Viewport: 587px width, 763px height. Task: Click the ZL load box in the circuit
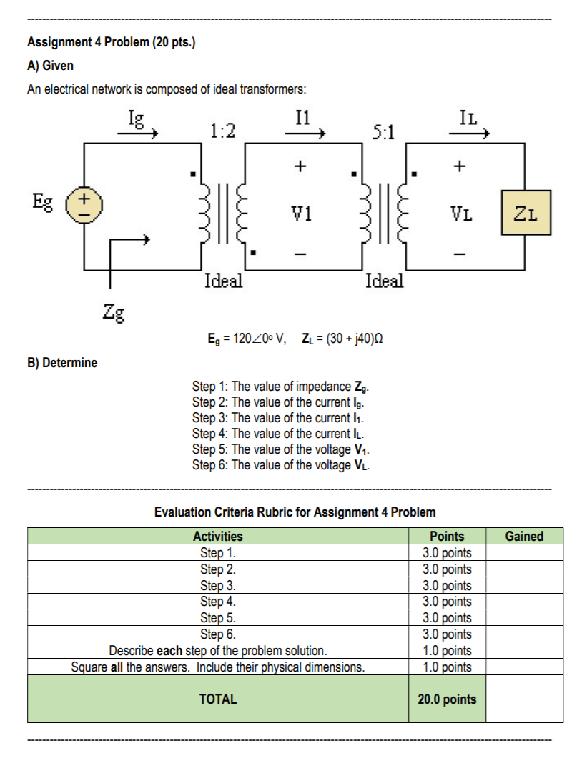click(x=526, y=213)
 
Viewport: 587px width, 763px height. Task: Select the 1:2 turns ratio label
click(x=223, y=130)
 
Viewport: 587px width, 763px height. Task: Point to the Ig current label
click(x=135, y=118)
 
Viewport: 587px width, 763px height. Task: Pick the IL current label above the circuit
click(x=472, y=118)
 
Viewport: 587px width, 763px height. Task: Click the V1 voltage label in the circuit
click(x=301, y=213)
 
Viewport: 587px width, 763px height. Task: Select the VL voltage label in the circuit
click(x=461, y=213)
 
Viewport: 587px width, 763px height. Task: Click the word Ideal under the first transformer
click(x=223, y=280)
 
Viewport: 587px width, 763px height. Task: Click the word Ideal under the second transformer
click(x=384, y=280)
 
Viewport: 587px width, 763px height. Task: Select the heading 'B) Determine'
click(x=62, y=362)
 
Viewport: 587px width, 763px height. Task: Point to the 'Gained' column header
click(x=523, y=536)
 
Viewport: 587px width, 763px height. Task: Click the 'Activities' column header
click(x=218, y=536)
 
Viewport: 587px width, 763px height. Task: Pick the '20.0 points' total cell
click(x=447, y=699)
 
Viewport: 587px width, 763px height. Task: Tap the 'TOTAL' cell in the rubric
click(x=218, y=699)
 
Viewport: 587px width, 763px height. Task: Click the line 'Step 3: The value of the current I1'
click(x=280, y=418)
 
